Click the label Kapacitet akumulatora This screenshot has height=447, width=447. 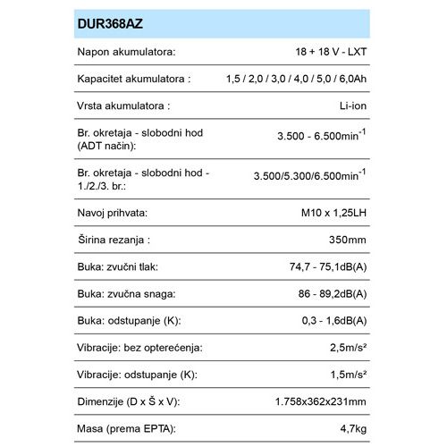(x=135, y=80)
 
